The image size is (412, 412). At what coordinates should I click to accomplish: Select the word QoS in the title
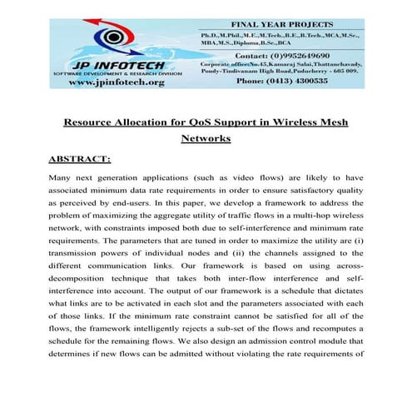coord(214,123)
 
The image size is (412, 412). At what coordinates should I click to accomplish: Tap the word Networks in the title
coord(206,139)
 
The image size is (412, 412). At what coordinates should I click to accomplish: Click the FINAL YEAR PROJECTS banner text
coord(275,25)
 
